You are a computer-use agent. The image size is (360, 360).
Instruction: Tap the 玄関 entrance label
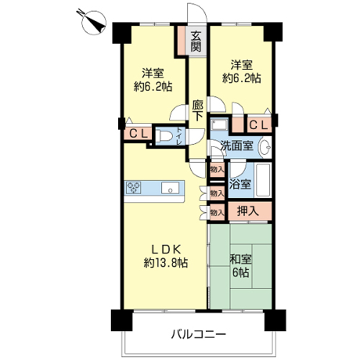pos(196,42)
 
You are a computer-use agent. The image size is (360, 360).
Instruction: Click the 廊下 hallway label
pos(197,111)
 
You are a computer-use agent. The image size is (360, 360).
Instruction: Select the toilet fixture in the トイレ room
pos(163,136)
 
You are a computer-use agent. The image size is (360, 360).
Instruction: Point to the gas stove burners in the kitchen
pos(133,187)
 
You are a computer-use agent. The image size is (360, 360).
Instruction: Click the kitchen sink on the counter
pos(170,188)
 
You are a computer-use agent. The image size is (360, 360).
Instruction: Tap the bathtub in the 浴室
pos(264,180)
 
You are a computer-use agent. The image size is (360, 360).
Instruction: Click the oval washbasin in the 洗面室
pos(264,147)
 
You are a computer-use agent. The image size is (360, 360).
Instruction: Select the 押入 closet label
pos(248,211)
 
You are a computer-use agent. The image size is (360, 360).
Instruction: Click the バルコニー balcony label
pos(198,334)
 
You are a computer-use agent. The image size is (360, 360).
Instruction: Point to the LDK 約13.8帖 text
pos(166,256)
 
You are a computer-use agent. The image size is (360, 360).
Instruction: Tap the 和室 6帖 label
pos(240,266)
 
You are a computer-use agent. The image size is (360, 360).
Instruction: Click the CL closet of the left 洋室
pos(138,134)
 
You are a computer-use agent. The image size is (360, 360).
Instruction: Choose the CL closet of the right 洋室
pos(259,125)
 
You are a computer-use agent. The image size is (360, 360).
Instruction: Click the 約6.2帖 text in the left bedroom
pos(153,86)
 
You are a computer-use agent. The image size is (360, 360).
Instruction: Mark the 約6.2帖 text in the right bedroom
pos(242,78)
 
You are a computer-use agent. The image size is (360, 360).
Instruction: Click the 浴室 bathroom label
pos(240,184)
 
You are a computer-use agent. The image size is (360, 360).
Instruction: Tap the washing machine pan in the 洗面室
pos(219,125)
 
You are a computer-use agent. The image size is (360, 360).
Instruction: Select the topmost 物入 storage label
pos(217,170)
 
